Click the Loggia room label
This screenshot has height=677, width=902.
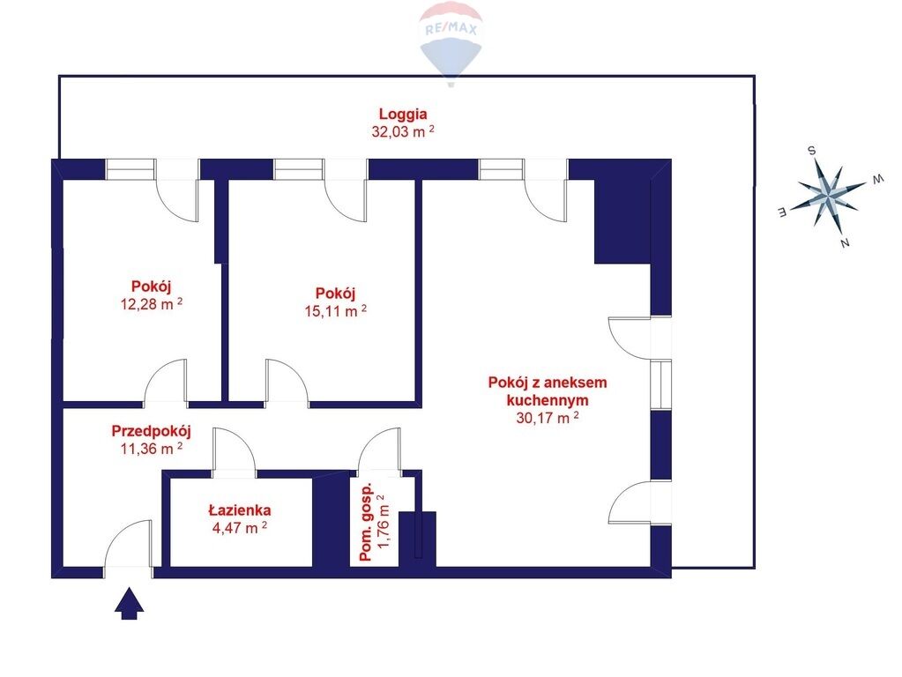[x=403, y=115]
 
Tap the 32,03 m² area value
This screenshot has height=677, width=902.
[x=403, y=131]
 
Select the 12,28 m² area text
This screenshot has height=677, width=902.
[x=152, y=304]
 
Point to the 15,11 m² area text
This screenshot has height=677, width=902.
[x=335, y=310]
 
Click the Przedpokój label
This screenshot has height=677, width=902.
[x=152, y=431]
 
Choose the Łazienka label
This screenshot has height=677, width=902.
[x=239, y=510]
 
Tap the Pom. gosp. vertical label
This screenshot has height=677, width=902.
[x=367, y=522]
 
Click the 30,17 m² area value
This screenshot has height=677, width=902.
[x=547, y=418]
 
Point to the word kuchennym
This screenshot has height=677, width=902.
[x=547, y=399]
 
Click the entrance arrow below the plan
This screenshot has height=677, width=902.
[x=130, y=603]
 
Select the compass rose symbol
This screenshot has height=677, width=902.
[x=828, y=196]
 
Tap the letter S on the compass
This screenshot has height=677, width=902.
[x=812, y=151]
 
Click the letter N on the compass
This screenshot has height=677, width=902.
[x=845, y=242]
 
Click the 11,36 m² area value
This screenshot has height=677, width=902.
[x=152, y=449]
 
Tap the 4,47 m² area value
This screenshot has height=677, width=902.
[x=239, y=527]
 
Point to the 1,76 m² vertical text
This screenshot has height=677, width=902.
[x=384, y=521]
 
